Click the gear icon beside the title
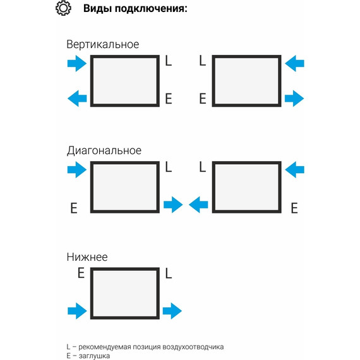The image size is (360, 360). [63, 9]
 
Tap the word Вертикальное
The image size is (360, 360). [102, 45]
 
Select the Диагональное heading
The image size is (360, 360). [104, 151]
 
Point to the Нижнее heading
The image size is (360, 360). [87, 257]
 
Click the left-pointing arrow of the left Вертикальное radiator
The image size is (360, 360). [77, 98]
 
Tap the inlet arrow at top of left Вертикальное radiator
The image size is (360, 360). [77, 63]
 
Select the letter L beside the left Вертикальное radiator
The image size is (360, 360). [168, 61]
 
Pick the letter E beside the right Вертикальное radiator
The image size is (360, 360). [203, 99]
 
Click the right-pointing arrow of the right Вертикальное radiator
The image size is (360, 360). [294, 98]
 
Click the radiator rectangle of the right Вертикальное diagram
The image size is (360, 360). [246, 81]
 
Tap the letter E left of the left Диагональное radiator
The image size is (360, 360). [74, 208]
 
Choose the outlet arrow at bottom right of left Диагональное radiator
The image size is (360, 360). [172, 204]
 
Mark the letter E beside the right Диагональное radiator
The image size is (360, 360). [294, 208]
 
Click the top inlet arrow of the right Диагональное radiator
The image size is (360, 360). [294, 169]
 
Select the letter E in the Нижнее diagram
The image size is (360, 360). [80, 273]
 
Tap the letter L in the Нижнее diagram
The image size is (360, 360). [168, 273]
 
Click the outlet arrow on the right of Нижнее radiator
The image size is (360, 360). [172, 311]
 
